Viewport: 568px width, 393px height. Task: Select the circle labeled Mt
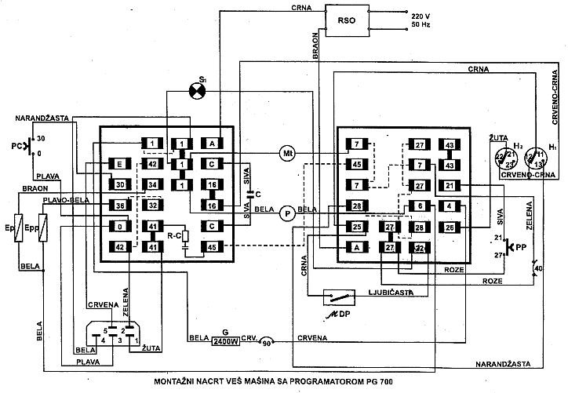pos(286,153)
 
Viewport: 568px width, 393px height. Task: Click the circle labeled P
pos(287,212)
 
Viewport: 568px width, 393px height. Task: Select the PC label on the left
pos(16,145)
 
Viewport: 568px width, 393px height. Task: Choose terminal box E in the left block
pos(119,165)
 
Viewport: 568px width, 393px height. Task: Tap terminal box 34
pos(153,185)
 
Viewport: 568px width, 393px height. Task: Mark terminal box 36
pos(119,206)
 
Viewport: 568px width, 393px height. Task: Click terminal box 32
pos(153,206)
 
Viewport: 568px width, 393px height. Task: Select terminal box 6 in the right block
pos(419,206)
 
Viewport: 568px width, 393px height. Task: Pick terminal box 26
pos(450,227)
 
